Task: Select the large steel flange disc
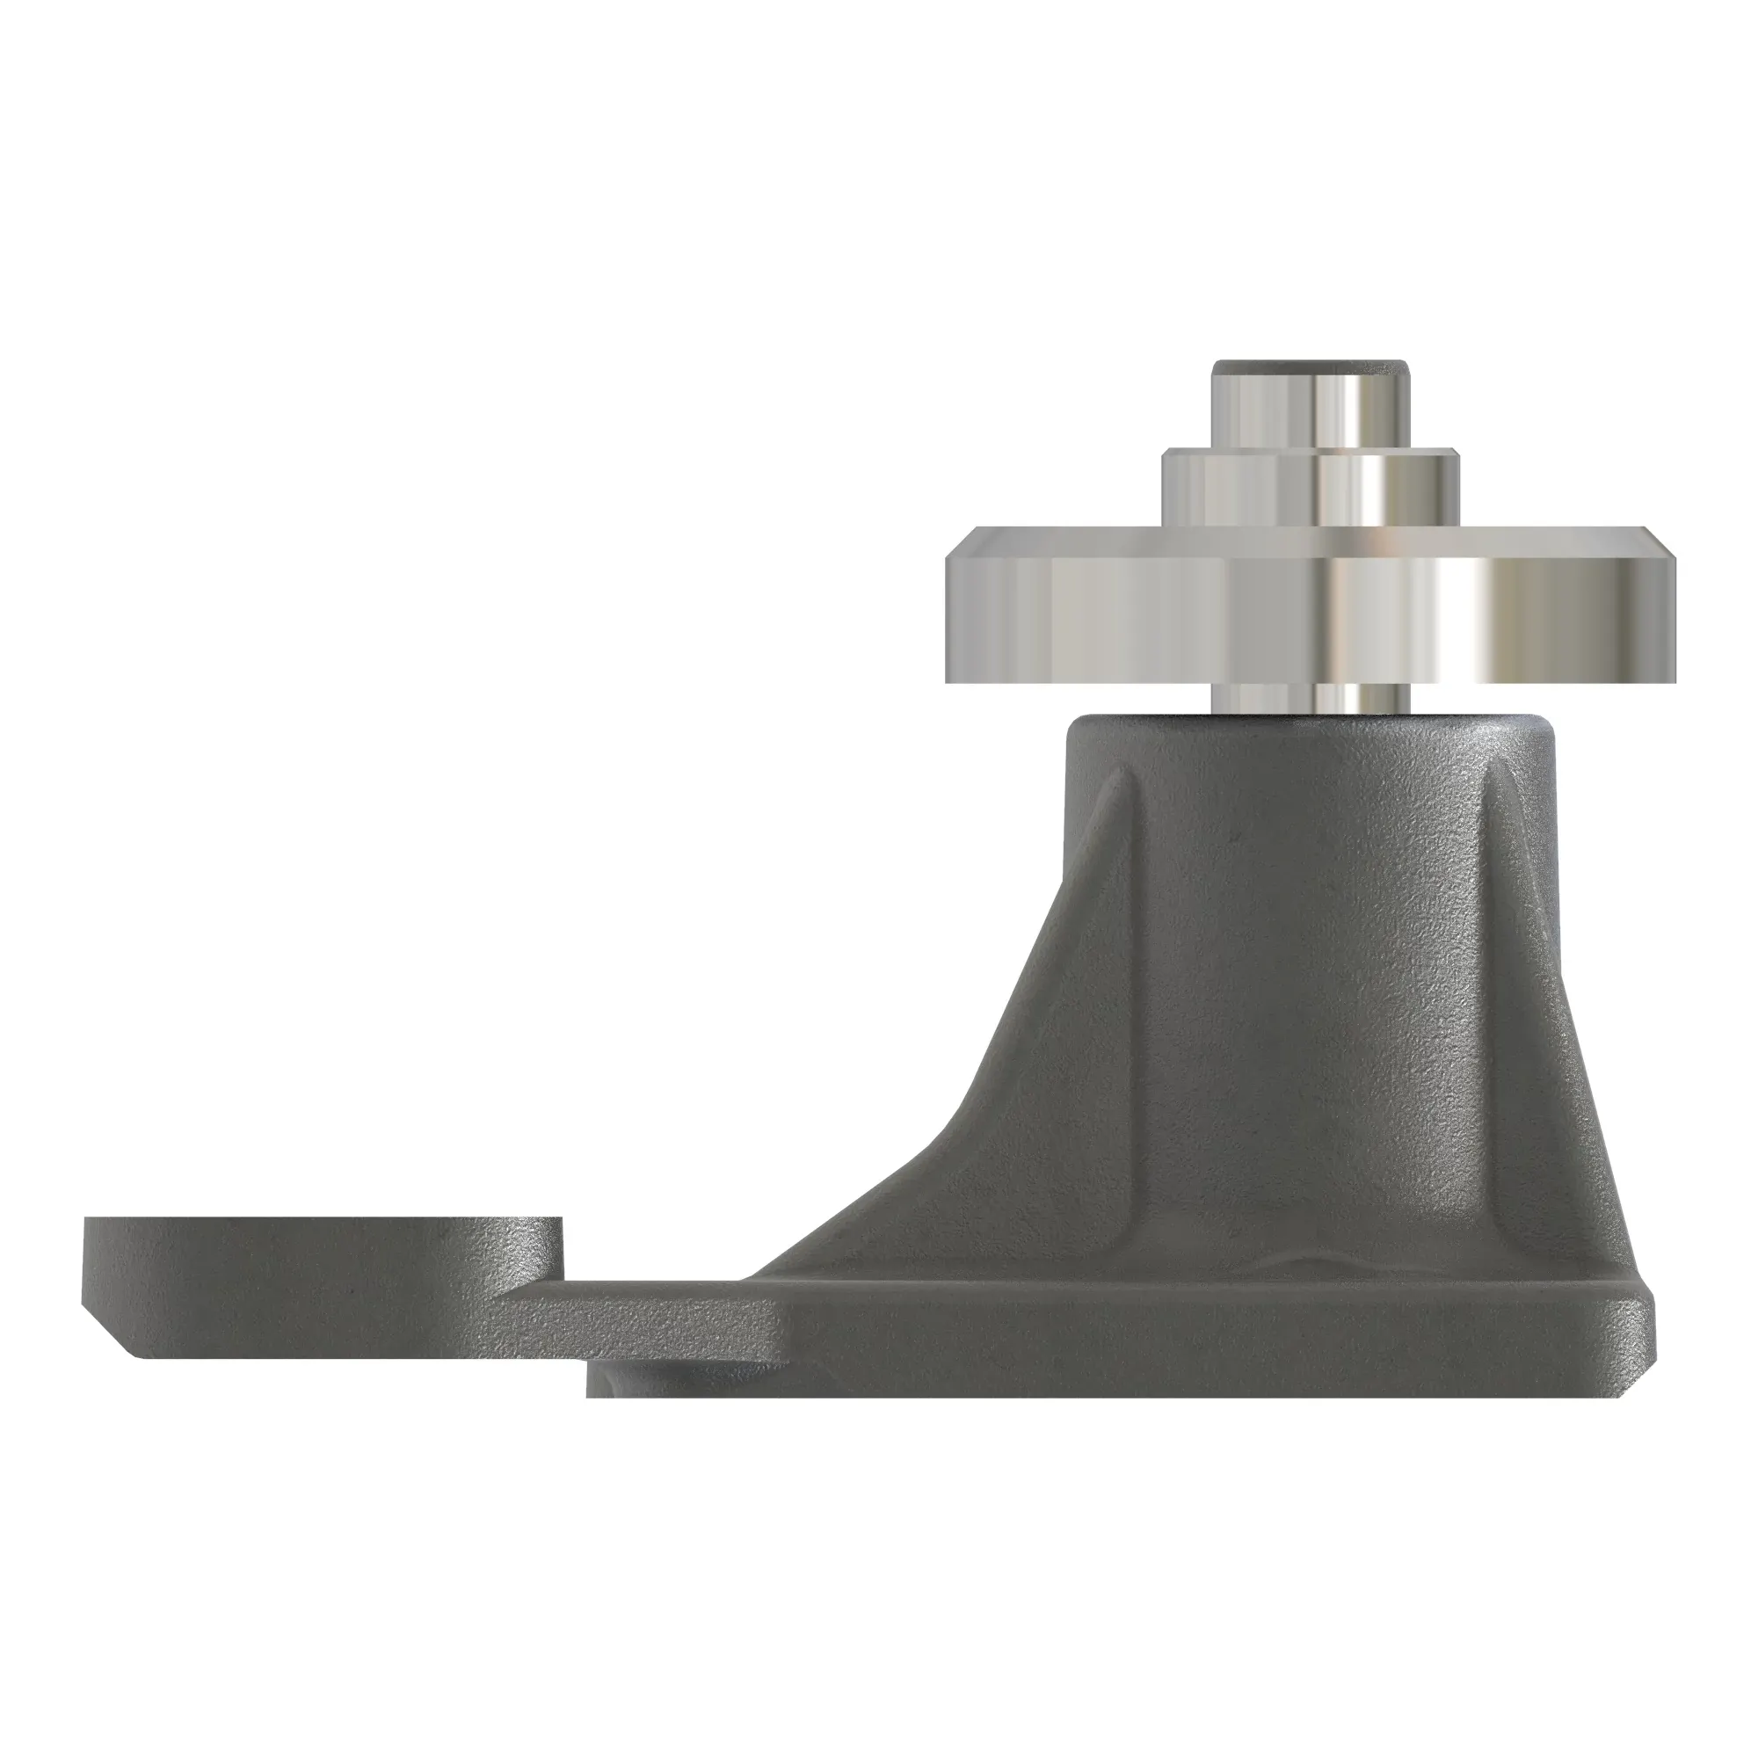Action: coord(1183,619)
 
